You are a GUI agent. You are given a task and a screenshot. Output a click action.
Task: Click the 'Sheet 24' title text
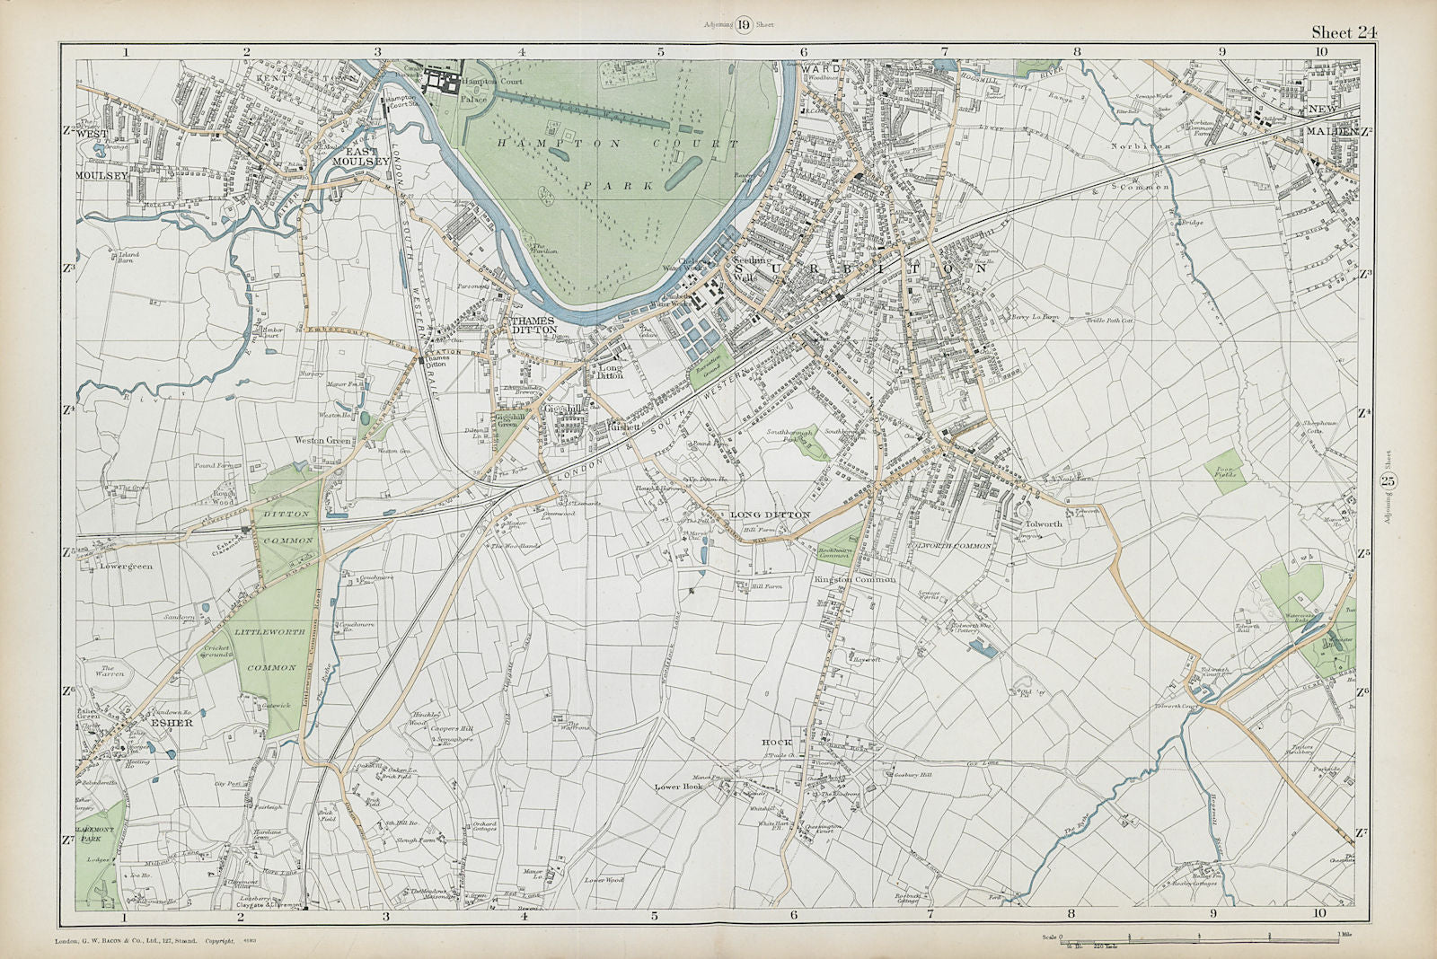(x=1344, y=32)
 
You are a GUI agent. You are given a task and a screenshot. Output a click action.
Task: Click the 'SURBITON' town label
(x=860, y=268)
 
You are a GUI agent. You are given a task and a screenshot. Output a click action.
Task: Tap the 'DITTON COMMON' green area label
(x=288, y=527)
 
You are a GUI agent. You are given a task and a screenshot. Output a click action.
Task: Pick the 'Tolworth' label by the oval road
(x=1044, y=523)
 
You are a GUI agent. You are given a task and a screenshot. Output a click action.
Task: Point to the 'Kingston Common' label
(x=855, y=580)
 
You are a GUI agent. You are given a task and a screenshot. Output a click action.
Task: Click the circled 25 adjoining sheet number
(x=1388, y=482)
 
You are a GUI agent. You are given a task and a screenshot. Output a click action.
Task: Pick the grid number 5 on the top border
(x=661, y=52)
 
